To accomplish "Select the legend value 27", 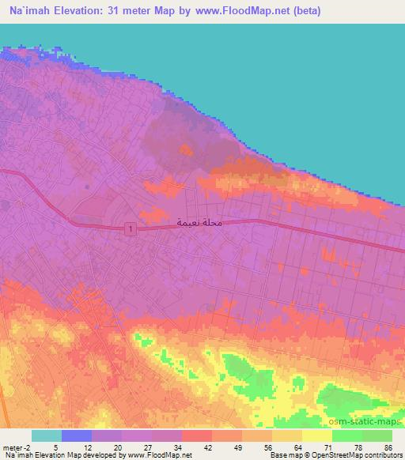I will coord(146,448).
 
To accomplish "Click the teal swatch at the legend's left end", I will coord(46,435).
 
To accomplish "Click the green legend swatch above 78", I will coord(346,435).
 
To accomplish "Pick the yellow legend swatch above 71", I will coord(316,435).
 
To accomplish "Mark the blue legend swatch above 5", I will coord(76,435).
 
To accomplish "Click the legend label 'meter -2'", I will coord(16,448).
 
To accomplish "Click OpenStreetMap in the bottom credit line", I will coord(331,456).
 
